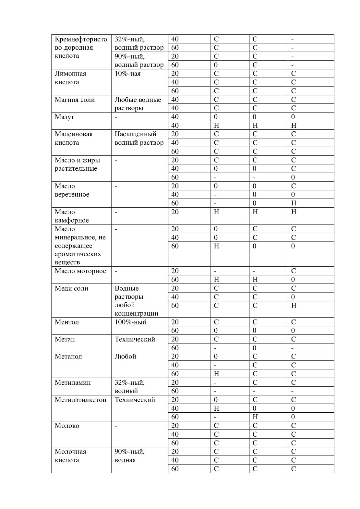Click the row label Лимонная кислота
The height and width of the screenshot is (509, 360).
click(70, 78)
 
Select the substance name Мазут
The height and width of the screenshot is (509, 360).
click(64, 117)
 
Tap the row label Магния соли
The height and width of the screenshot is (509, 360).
click(75, 100)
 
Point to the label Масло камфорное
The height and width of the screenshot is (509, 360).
click(72, 216)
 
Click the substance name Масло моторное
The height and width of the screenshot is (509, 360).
click(80, 271)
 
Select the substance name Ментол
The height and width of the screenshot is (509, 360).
click(66, 322)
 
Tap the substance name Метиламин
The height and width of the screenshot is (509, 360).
click(73, 382)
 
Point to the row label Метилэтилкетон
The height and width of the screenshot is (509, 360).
click(80, 400)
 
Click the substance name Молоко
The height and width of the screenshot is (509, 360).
click(67, 426)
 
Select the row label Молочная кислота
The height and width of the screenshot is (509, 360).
click(70, 456)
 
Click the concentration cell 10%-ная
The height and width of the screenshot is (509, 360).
click(127, 74)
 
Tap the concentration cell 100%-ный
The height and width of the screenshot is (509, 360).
click(130, 322)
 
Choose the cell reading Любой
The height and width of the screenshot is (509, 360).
click(125, 357)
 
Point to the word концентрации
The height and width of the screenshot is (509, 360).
click(136, 313)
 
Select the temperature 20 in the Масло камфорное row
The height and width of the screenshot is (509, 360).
click(175, 212)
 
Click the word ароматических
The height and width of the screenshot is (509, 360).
click(78, 254)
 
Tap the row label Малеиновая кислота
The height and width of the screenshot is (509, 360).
click(74, 138)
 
